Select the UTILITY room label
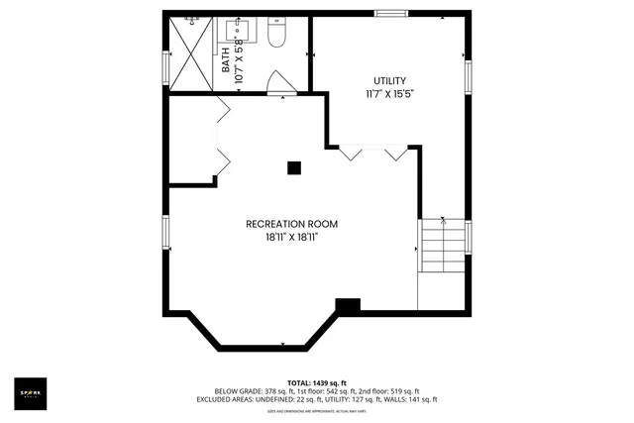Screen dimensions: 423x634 (x=389, y=80)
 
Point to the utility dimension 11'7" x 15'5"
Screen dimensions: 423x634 (x=389, y=94)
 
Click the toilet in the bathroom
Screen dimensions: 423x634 (x=277, y=37)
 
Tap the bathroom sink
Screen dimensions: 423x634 (x=242, y=32)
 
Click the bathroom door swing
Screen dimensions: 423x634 (x=282, y=83)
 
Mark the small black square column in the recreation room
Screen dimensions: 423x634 (x=294, y=168)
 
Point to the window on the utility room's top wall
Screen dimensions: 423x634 (x=390, y=13)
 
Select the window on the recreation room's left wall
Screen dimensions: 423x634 (x=166, y=233)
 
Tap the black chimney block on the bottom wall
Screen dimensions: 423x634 (x=348, y=307)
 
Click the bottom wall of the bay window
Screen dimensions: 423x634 (x=263, y=347)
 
